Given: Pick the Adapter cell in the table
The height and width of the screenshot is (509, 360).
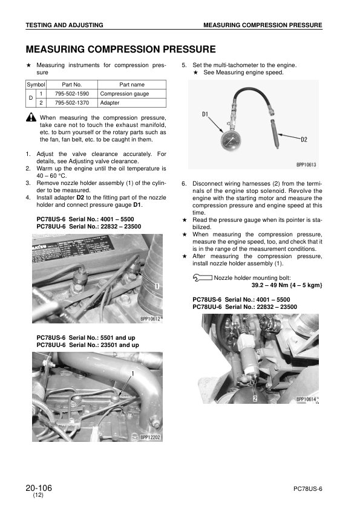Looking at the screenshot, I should (110, 103).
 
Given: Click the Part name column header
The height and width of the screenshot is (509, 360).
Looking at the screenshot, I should (132, 85).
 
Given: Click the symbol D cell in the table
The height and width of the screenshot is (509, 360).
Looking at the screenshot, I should (30, 99).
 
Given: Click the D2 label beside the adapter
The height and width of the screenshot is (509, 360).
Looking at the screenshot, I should (304, 139).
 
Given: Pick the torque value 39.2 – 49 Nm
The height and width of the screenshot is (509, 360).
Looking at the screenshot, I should (271, 285).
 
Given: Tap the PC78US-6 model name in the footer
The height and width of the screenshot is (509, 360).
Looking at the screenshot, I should (307, 488).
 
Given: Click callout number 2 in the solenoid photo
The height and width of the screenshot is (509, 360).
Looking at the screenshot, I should (255, 399).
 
